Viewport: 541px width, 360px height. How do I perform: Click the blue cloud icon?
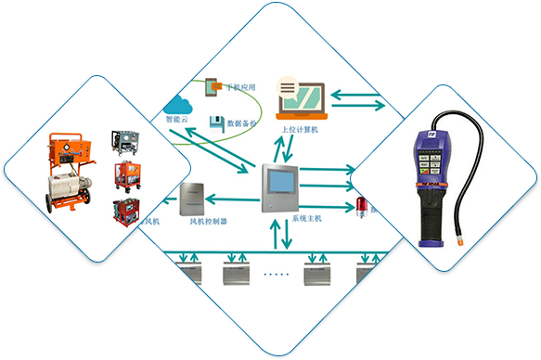tap(176, 102)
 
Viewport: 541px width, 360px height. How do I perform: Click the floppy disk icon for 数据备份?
tap(214, 122)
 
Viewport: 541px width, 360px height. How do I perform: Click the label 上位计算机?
tap(299, 131)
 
